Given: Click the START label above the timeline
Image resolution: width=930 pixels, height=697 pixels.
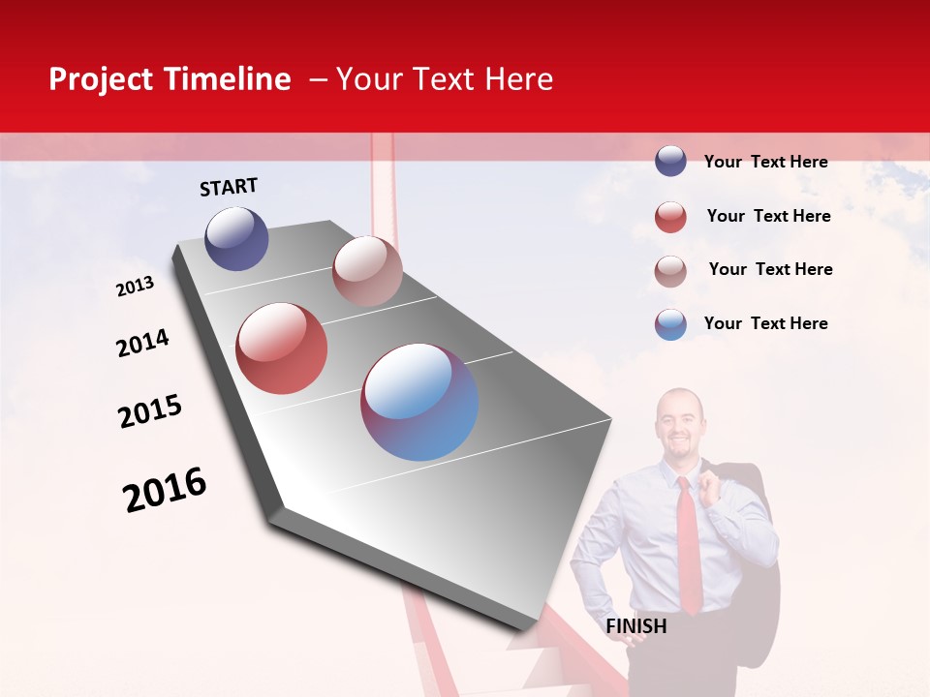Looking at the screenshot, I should (x=229, y=187).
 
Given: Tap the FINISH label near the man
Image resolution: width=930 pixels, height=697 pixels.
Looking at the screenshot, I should (x=636, y=626).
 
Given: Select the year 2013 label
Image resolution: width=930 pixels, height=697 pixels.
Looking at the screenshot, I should (x=135, y=287).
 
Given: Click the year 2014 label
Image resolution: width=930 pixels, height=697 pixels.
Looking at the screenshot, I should (x=142, y=343).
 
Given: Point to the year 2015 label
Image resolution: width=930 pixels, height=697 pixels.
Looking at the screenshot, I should (x=150, y=411).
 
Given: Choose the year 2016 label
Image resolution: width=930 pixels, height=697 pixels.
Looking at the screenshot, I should (x=165, y=490).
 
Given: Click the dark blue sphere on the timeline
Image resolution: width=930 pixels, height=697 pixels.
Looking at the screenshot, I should (x=236, y=238).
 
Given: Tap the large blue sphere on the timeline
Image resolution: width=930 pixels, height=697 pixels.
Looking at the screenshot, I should (x=419, y=402).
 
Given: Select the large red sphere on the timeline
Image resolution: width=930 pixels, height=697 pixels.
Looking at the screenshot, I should (x=282, y=348).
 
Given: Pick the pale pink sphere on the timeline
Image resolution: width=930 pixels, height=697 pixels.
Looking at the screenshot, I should (x=367, y=271).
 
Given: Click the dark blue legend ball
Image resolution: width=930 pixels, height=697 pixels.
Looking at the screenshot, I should (x=670, y=161).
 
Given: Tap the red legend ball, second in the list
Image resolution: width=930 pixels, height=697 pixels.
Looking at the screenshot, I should (x=670, y=217).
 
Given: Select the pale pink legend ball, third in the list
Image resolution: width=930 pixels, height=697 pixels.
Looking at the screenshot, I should (x=670, y=271).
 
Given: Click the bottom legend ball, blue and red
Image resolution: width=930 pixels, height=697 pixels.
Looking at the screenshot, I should (x=670, y=324).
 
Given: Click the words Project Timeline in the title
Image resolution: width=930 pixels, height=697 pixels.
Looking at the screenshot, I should (x=170, y=79).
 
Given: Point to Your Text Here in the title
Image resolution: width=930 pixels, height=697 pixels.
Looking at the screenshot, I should (x=445, y=79).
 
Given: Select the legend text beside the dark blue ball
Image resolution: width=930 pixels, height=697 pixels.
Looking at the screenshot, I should (x=765, y=162).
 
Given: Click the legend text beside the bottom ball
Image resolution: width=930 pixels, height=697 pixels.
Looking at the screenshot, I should (x=765, y=323).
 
